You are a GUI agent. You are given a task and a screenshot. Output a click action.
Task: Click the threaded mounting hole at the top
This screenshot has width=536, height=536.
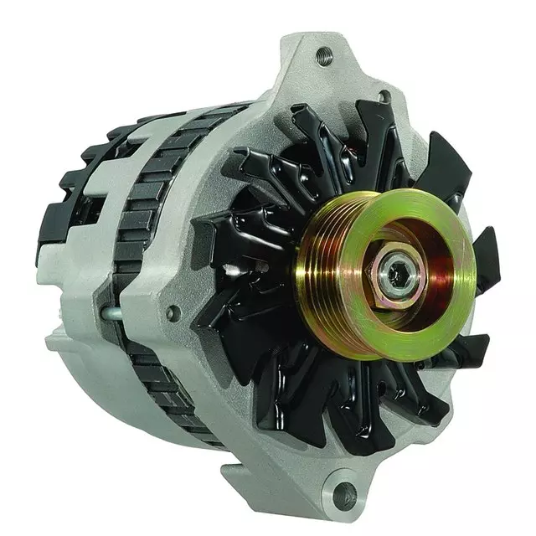324,57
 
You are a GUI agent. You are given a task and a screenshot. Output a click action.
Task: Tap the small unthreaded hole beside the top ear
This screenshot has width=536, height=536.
384,97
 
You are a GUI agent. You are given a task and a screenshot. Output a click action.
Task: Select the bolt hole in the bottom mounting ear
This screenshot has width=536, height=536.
344,496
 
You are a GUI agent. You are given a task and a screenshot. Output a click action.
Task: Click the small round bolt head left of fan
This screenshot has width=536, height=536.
173,313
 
